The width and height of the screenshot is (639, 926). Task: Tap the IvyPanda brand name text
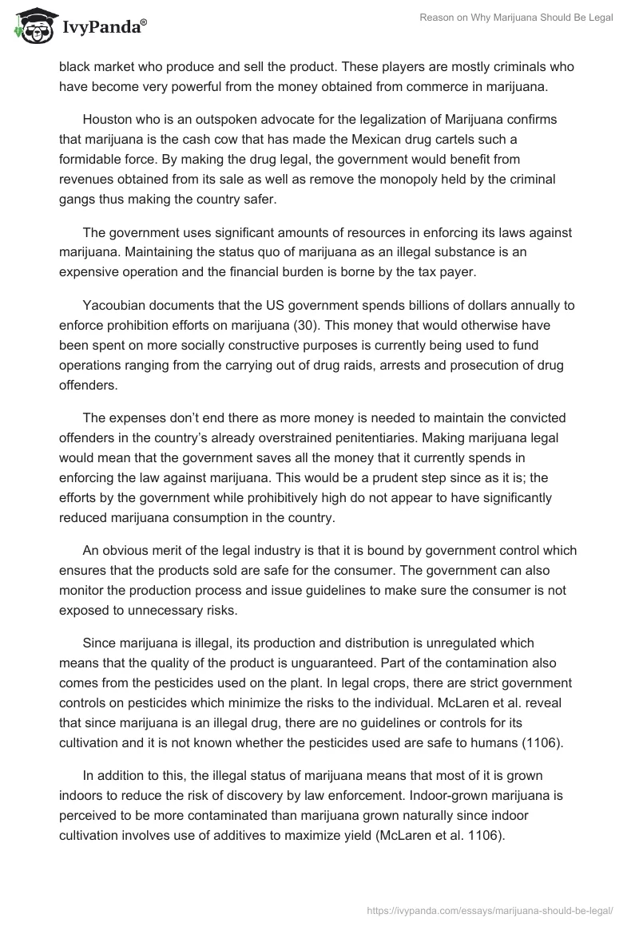point(101,27)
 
